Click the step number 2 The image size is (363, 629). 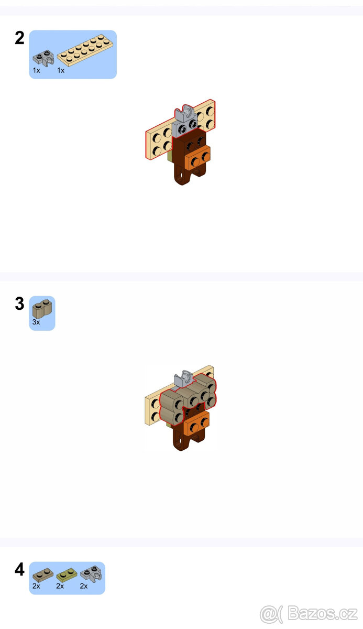coord(19,38)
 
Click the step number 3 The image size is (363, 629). coord(19,303)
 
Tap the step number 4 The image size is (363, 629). coord(19,569)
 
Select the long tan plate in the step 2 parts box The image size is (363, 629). coord(85,50)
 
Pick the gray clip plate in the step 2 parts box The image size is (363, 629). coord(43,57)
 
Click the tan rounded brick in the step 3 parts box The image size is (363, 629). coord(42,308)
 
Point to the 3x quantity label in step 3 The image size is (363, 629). coord(36,322)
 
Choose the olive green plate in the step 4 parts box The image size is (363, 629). coord(67,575)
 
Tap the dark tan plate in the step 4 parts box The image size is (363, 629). coord(43,575)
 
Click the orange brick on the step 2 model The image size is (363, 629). coord(197,157)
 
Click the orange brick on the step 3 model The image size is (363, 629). coord(196,424)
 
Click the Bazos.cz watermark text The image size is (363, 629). coord(323,613)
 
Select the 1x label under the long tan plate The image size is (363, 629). coord(61,70)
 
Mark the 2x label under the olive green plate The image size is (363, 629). coord(60,586)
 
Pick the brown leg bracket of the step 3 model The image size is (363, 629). coord(184,441)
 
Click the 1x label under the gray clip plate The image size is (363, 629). coord(37,70)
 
